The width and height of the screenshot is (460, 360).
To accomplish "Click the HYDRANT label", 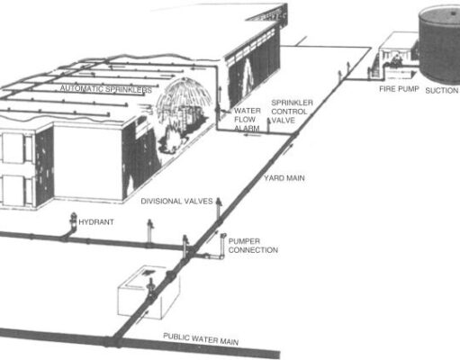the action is tap(96, 222).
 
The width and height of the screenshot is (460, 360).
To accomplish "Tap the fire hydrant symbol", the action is tap(73, 221).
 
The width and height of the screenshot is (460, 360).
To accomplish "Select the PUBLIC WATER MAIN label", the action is tap(201, 339).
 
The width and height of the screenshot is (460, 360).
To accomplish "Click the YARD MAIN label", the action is tap(284, 178).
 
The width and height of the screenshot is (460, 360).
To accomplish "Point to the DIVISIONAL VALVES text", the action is tap(176, 201).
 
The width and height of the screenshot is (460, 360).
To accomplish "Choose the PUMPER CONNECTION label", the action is tap(253, 246).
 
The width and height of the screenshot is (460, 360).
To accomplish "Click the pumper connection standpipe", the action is tap(222, 246).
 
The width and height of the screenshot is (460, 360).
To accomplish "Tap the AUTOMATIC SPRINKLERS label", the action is tap(106, 89).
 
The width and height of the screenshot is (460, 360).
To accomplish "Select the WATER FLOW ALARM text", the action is tap(247, 120).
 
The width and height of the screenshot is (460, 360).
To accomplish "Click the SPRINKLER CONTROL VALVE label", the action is tap(292, 112).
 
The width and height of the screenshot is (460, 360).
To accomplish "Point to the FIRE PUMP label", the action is tap(399, 89).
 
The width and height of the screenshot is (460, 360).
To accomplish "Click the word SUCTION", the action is tap(442, 90).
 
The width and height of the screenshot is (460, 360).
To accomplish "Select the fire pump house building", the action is tap(398, 56).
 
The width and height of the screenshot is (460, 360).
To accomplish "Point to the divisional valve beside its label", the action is tap(219, 209).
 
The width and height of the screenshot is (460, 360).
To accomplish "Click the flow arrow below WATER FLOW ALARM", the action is tap(251, 135).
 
